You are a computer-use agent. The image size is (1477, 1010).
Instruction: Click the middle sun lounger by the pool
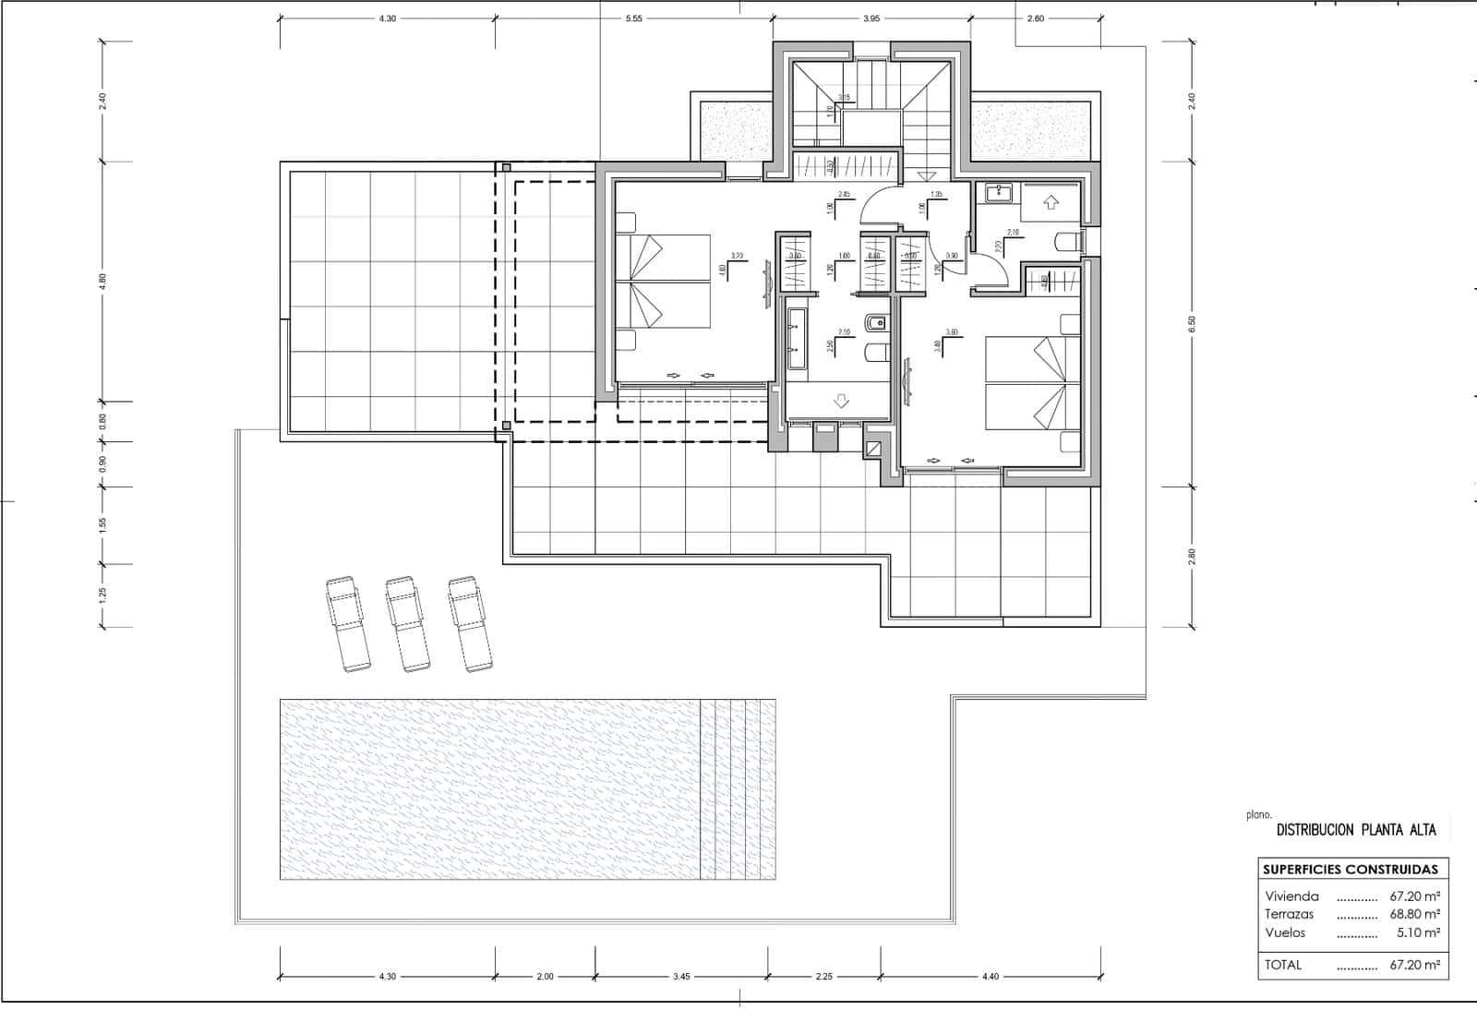point(407,624)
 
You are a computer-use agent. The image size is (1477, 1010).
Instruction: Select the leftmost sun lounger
point(348,624)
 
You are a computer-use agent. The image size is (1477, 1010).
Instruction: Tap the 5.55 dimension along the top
point(633,18)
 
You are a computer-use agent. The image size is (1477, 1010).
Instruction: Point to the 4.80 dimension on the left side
point(103,282)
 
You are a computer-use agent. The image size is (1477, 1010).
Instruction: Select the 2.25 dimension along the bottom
point(824,976)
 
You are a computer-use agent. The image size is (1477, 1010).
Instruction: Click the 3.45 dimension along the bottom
point(681,976)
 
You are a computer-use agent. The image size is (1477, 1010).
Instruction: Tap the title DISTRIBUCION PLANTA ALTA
point(1355,830)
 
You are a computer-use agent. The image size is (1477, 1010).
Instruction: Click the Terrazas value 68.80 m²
point(1414,914)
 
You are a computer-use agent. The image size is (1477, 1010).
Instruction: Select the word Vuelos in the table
point(1285,932)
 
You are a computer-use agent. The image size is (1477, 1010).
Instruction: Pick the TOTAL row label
point(1283,965)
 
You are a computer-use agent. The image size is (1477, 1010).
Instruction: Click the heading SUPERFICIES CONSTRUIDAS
point(1350,869)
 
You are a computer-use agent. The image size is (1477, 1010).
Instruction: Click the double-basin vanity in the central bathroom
point(796,340)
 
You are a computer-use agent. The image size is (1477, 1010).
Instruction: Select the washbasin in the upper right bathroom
point(998,193)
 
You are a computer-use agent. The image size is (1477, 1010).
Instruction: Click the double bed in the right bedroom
point(1032,383)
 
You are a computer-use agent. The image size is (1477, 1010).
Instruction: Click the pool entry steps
point(737,789)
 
